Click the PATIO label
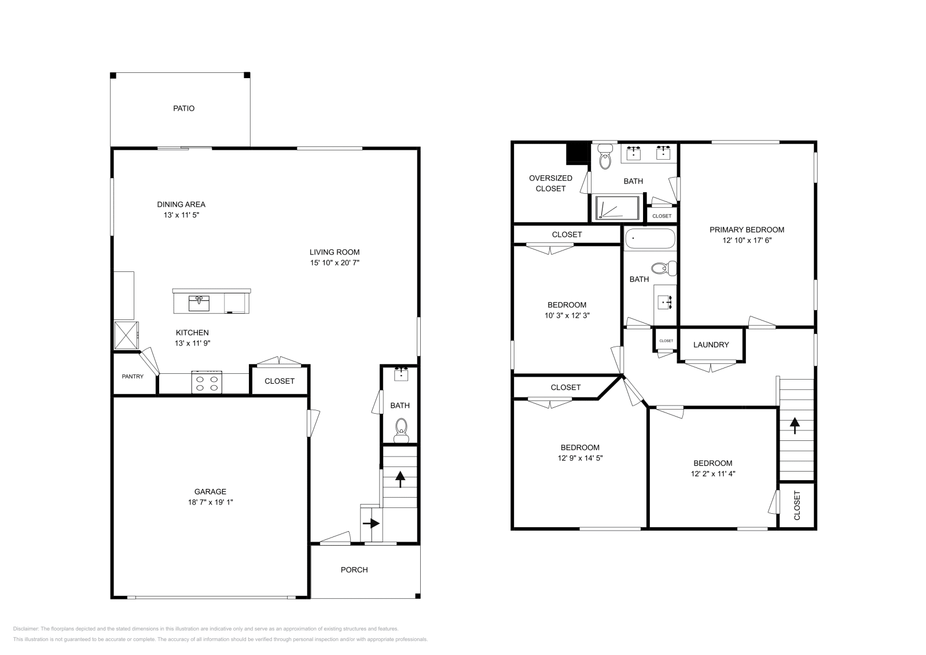183,108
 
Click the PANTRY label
133,377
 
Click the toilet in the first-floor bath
400,428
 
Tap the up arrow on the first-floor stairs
399,476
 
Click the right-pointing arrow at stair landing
371,523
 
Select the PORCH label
354,570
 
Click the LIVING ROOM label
335,252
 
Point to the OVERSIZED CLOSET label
550,183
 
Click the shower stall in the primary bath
618,208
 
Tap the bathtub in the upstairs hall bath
650,238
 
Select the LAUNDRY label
711,345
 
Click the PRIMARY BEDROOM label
747,230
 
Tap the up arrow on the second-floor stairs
795,426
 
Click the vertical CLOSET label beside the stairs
797,505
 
